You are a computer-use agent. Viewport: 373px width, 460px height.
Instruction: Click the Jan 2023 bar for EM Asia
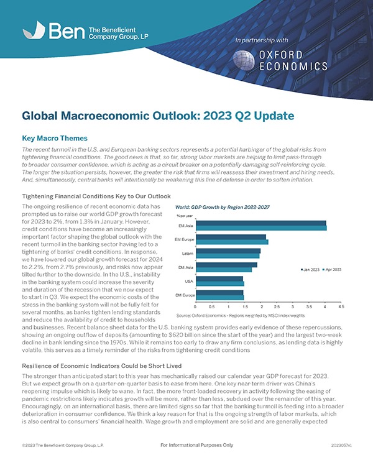pyautogui.click(x=260, y=223)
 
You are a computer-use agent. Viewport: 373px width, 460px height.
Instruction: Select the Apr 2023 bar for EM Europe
pyautogui.click(x=231, y=242)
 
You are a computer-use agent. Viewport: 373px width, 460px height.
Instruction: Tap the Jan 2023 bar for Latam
pyautogui.click(x=228, y=251)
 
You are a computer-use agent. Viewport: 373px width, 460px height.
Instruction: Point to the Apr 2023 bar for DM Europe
pyautogui.click(x=219, y=298)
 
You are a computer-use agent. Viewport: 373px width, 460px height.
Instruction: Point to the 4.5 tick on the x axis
pyautogui.click(x=341, y=306)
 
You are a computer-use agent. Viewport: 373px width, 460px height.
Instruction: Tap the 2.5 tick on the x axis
pyautogui.click(x=277, y=306)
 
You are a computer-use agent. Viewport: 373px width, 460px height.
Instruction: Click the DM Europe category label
pyautogui.click(x=185, y=295)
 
